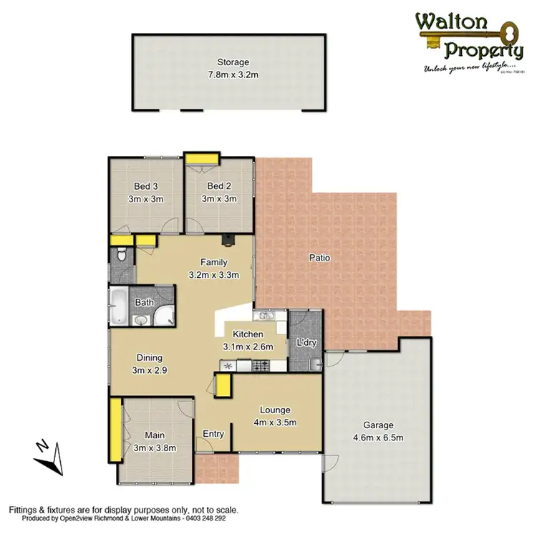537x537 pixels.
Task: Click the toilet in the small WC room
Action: click(122, 254)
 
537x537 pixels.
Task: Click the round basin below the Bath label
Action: click(140, 320)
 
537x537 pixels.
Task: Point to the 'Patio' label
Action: click(319, 258)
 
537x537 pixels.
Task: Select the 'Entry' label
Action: click(213, 434)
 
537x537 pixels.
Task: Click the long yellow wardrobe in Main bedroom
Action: click(114, 430)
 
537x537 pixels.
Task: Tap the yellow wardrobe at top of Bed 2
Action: click(202, 158)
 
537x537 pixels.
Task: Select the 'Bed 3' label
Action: click(145, 187)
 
